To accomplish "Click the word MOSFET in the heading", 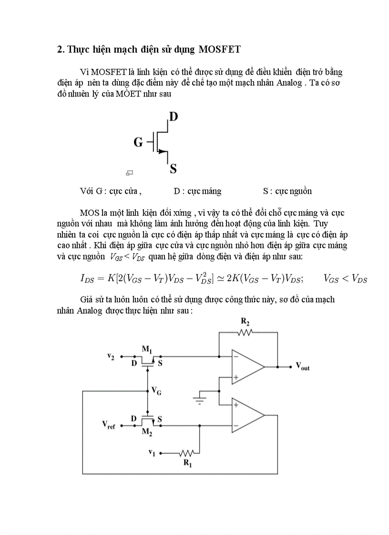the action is coord(217,50).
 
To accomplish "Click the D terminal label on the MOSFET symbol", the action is coord(174,116).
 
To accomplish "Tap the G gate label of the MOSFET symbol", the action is coord(138,142).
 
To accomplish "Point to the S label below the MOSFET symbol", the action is coord(174,168).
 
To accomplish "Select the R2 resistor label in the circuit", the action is coord(246,323).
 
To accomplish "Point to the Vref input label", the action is coord(109,424).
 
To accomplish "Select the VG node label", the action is coord(156,390).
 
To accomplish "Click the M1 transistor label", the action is coord(146,349).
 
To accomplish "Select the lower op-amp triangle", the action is coord(247,414).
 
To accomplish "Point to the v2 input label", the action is coord(111,355).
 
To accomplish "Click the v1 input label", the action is coord(152,453).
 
